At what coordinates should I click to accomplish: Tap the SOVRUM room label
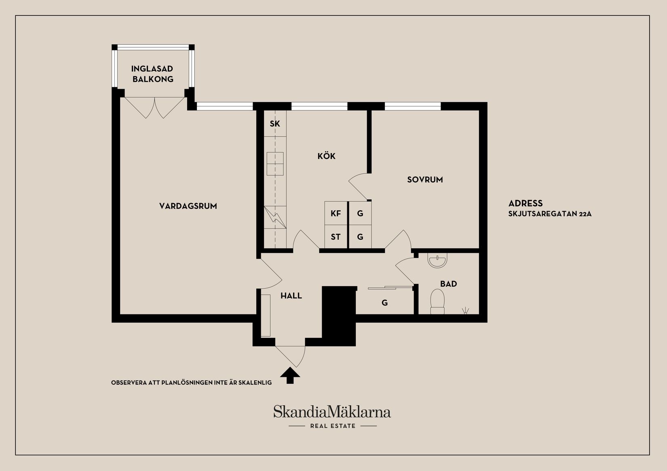point(425,180)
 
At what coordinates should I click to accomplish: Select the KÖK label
point(326,156)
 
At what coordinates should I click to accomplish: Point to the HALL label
point(291,296)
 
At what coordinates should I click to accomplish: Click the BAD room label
point(448,284)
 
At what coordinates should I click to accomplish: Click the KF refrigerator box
point(336,214)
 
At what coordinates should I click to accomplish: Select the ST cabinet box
point(336,237)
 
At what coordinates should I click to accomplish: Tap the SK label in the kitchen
point(275,124)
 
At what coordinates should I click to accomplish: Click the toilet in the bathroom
point(437,301)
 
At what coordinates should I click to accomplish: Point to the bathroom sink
point(437,261)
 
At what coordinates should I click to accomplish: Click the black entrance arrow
point(290,375)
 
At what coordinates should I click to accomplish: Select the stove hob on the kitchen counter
point(275,163)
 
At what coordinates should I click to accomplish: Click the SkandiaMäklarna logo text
point(332,412)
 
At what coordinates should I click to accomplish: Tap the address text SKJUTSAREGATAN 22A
point(550,214)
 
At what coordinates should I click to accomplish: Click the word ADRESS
point(526,203)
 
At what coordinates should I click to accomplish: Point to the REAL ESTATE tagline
point(332,426)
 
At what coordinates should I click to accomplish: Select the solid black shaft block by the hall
point(339,315)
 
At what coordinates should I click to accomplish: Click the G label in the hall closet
point(384,303)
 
